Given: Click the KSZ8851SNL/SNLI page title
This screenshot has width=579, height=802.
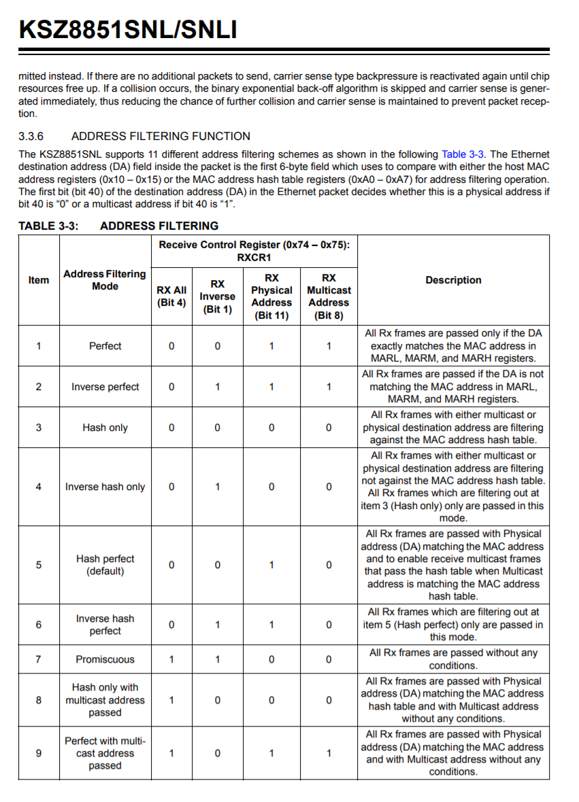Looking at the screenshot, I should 128,29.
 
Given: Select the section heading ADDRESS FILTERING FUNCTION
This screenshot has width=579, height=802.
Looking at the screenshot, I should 161,136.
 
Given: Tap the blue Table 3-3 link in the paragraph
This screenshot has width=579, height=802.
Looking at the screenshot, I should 463,154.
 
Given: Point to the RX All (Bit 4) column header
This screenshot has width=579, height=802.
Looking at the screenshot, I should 171,296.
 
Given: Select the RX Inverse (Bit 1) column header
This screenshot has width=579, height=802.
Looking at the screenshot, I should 217,296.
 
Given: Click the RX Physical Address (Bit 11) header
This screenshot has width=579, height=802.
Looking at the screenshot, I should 271,296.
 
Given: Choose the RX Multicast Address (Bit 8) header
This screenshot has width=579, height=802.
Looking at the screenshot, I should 329,296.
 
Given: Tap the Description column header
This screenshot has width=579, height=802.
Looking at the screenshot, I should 453,280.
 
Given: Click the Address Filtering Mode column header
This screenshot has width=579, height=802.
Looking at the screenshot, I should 105,280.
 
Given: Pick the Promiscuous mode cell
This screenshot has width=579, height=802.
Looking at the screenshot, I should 105,659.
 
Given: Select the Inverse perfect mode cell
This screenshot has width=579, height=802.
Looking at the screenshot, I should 105,387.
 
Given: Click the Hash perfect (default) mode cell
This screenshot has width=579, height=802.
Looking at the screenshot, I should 105,565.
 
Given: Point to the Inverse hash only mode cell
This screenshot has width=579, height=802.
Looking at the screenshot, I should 105,487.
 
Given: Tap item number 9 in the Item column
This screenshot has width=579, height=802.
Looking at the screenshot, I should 38,753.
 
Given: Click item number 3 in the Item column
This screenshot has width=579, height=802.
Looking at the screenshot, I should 38,428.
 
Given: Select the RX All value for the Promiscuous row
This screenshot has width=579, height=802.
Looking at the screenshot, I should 171,659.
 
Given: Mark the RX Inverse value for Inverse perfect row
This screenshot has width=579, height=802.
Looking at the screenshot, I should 217,387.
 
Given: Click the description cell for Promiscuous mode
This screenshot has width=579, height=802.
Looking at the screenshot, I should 453,659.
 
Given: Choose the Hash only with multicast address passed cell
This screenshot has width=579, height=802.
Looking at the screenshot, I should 105,700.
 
